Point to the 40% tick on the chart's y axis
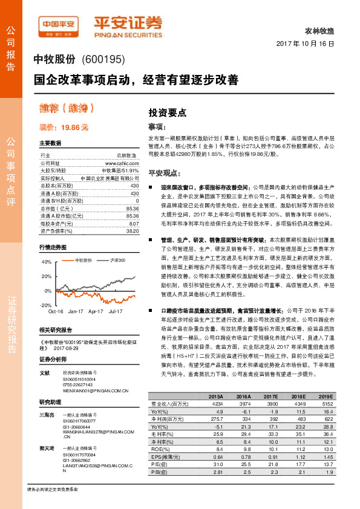point(46,262)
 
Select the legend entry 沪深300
point(117,260)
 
